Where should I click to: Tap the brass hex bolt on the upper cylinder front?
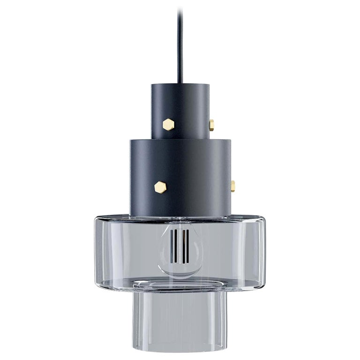click(x=168, y=124)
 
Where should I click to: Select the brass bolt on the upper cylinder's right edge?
click(x=212, y=125)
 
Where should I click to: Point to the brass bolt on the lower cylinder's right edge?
click(x=232, y=186)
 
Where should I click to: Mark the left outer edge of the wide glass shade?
click(x=96, y=253)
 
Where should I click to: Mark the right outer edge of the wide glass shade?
click(x=263, y=253)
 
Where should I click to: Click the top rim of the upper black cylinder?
click(x=180, y=86)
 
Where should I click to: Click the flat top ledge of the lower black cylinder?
click(x=141, y=140)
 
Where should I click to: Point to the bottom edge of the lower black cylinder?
click(x=180, y=217)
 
